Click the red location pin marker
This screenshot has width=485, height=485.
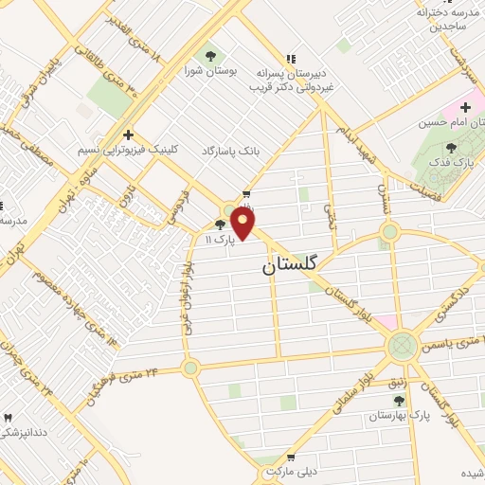coord(244,224)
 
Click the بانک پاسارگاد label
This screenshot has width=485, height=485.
coord(230,151)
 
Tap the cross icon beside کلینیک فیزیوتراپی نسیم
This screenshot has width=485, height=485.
coord(128,135)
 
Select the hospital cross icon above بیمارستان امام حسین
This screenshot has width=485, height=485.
coord(466,106)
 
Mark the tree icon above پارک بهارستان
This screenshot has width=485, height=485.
coord(399,402)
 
